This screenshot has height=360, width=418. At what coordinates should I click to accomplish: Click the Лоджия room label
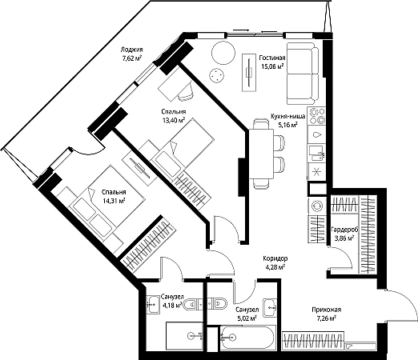(131, 50)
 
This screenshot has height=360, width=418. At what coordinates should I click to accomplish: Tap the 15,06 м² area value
(272, 66)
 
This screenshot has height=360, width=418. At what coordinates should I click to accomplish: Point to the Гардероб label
(344, 230)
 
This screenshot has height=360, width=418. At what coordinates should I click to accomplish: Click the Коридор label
(275, 258)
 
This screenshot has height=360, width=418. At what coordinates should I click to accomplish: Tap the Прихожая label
(327, 310)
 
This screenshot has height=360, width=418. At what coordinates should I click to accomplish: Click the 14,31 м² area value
(114, 201)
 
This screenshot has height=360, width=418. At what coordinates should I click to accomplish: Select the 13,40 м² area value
(174, 120)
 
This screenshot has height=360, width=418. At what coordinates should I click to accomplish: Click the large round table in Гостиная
(223, 53)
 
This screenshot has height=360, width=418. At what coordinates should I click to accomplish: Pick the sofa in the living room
(303, 74)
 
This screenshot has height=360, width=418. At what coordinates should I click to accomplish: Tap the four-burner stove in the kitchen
(316, 116)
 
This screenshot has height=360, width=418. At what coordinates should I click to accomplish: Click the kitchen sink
(316, 153)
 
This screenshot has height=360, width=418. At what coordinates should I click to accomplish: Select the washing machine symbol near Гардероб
(317, 206)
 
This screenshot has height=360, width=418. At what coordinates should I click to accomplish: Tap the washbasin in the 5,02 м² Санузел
(270, 307)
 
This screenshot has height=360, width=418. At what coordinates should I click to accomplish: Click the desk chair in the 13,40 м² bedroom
(186, 92)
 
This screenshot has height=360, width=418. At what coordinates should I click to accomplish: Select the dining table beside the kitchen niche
(261, 154)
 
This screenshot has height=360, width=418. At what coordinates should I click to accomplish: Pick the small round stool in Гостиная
(216, 75)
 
